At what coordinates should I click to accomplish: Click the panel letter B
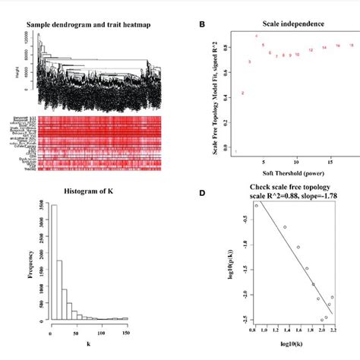201,24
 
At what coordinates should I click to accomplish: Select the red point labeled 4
257,36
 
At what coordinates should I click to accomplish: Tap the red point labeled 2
242,93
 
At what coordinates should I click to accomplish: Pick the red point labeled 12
311,50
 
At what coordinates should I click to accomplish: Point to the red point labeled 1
236,151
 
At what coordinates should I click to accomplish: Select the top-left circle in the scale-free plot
257,206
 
